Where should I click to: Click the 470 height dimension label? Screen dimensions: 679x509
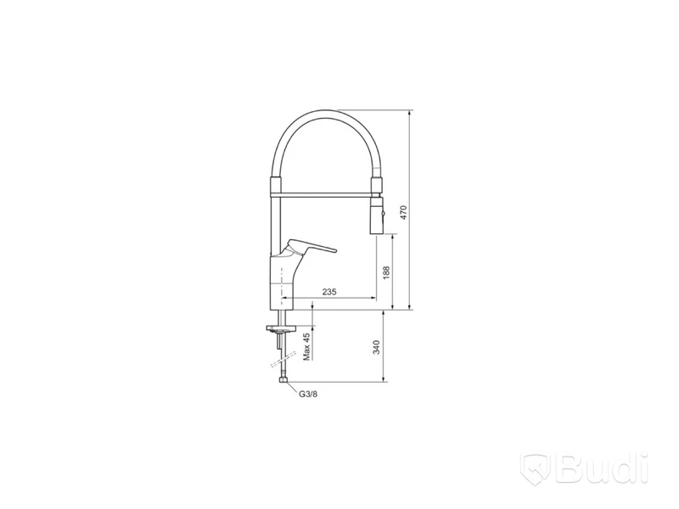point(404,213)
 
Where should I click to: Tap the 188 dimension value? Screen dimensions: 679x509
point(386,271)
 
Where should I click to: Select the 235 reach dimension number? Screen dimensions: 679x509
point(329,292)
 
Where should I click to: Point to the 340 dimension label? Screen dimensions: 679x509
point(376,347)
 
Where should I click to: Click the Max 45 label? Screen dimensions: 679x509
point(307,347)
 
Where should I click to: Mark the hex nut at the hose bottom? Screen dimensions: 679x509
point(283,380)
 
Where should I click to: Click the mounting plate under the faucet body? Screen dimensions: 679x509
point(281,328)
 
